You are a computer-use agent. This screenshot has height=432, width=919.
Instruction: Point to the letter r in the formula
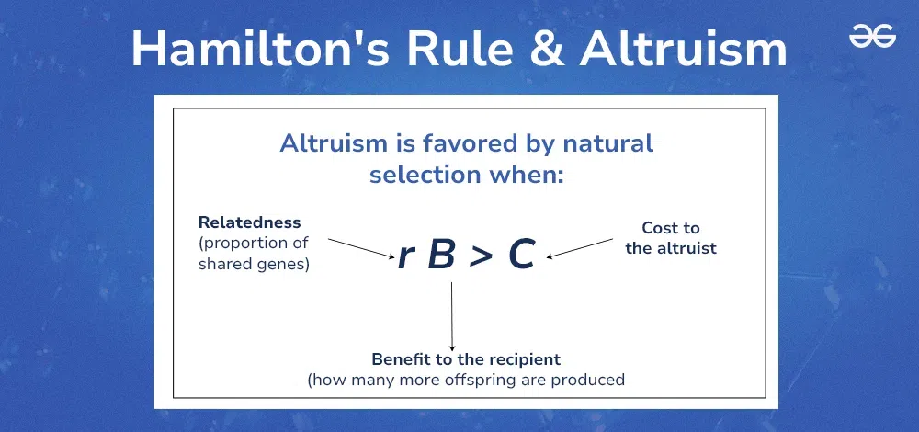pyautogui.click(x=405, y=256)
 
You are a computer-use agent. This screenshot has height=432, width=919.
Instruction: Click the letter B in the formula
pyautogui.click(x=441, y=256)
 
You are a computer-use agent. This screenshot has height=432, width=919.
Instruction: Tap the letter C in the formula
pyautogui.click(x=521, y=256)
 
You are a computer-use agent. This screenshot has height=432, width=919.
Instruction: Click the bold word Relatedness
pyautogui.click(x=249, y=223)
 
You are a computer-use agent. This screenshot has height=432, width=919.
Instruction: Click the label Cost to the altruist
pyautogui.click(x=670, y=238)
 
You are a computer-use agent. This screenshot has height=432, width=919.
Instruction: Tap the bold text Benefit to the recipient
pyautogui.click(x=466, y=358)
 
